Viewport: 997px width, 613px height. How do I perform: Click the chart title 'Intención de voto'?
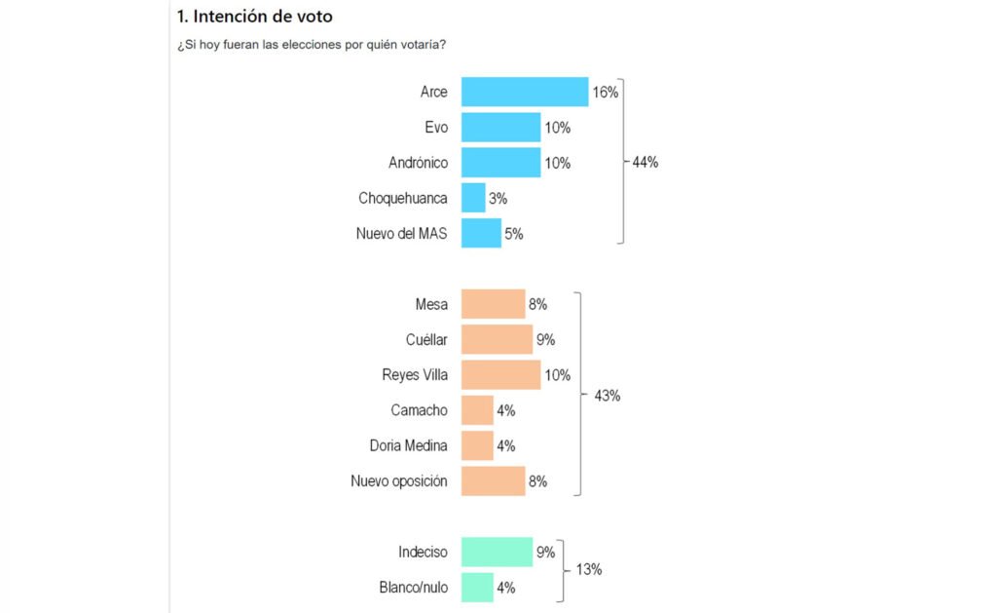pyautogui.click(x=255, y=17)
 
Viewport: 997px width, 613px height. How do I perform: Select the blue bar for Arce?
pyautogui.click(x=524, y=92)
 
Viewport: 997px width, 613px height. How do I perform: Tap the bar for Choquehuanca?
pyautogui.click(x=473, y=198)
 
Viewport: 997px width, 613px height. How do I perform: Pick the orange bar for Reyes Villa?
pyautogui.click(x=500, y=375)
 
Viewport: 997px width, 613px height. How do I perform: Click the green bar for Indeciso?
pyautogui.click(x=497, y=553)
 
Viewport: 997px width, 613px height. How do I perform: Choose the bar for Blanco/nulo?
pyautogui.click(x=477, y=588)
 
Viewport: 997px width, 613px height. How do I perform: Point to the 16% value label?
pyautogui.click(x=606, y=93)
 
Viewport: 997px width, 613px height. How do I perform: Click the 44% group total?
pyautogui.click(x=646, y=163)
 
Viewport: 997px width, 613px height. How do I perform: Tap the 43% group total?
pyautogui.click(x=607, y=396)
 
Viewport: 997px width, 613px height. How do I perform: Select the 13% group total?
pyautogui.click(x=589, y=570)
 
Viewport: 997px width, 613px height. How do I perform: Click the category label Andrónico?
pyautogui.click(x=418, y=163)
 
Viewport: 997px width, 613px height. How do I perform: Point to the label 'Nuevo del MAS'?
pyautogui.click(x=403, y=234)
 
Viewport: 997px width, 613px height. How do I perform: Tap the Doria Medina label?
pyautogui.click(x=409, y=445)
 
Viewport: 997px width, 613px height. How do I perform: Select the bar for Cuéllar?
pyautogui.click(x=497, y=339)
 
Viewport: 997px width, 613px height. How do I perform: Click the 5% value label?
pyautogui.click(x=514, y=234)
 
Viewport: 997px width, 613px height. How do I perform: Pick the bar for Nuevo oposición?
pyautogui.click(x=493, y=481)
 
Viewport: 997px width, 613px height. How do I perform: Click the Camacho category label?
pyautogui.click(x=419, y=410)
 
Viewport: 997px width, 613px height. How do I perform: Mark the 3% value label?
pyautogui.click(x=498, y=199)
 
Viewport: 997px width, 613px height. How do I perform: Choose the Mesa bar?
pyautogui.click(x=493, y=304)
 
